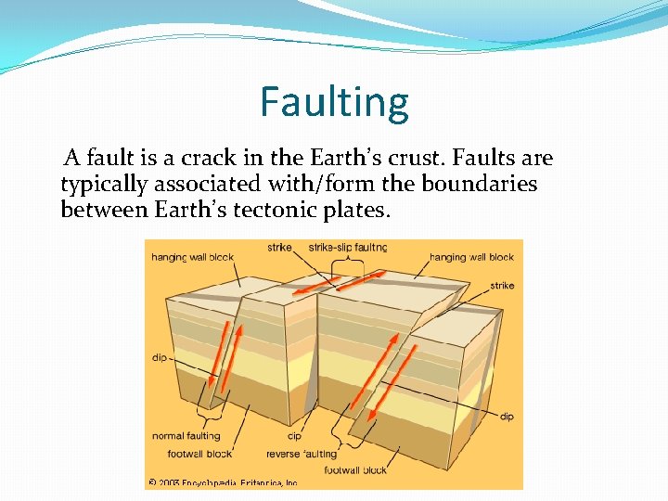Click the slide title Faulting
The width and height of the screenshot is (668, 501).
tap(334, 102)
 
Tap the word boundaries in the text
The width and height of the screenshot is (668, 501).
tap(479, 185)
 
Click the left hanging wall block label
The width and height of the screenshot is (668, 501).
tap(194, 257)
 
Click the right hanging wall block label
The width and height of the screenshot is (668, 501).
tap(471, 257)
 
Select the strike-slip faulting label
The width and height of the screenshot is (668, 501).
tap(347, 248)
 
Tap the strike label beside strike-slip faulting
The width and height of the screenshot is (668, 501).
tap(279, 248)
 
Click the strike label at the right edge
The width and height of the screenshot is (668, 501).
tap(502, 286)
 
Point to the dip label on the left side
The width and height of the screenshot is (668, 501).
tap(160, 357)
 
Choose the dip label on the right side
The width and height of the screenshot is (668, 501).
tap(507, 417)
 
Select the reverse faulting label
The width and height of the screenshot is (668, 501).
tap(302, 454)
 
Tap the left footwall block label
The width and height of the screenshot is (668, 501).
tap(199, 454)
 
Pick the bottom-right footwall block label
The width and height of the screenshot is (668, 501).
tap(355, 470)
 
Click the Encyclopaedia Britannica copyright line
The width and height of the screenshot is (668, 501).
tap(223, 482)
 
